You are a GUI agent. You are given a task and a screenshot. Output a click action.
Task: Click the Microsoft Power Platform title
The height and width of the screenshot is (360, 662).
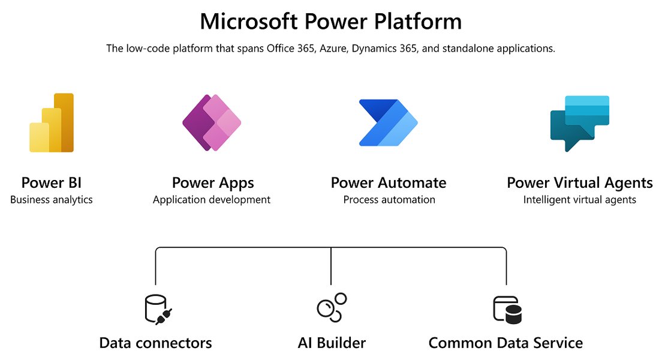[331, 21]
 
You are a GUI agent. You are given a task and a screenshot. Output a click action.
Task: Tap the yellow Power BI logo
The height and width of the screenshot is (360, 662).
[52, 122]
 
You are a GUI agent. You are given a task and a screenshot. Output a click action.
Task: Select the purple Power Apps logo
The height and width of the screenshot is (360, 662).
[212, 122]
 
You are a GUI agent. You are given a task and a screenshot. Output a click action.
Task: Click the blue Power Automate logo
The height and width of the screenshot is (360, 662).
[388, 122]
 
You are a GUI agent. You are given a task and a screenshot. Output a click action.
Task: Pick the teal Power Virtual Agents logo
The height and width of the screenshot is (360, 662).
[580, 124]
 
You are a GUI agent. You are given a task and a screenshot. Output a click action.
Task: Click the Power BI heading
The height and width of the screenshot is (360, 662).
[52, 182]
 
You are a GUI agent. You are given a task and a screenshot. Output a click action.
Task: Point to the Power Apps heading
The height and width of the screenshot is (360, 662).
[213, 183]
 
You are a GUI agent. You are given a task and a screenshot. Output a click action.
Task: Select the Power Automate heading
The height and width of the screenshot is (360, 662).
[389, 182]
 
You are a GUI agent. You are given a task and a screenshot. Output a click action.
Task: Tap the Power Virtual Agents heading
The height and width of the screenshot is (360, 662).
[580, 183]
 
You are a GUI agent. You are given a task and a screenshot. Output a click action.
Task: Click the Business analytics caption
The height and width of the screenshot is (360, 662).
[52, 200]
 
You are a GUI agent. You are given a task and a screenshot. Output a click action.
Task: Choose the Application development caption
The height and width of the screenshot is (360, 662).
[212, 200]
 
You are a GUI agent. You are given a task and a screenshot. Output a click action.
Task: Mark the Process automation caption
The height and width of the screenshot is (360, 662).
[389, 199]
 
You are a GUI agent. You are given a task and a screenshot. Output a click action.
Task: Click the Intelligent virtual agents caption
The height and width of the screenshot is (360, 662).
[580, 200]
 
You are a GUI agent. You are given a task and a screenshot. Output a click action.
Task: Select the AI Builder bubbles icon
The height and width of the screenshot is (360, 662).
[332, 307]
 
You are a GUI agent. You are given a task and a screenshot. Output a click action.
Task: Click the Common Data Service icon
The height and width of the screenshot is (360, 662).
[507, 310]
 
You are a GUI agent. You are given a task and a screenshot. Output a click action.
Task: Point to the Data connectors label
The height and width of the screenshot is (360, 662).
[155, 343]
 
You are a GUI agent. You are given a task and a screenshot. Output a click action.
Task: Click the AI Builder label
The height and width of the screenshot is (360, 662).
[332, 343]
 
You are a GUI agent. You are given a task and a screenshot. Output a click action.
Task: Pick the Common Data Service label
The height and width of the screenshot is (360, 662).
[505, 343]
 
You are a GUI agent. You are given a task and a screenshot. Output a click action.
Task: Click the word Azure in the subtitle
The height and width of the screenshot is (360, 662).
[332, 49]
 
